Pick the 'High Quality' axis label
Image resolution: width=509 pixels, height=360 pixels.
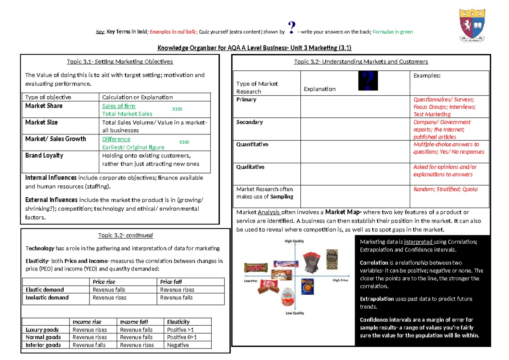click(295, 241)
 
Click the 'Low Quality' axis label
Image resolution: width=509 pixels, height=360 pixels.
click(295, 313)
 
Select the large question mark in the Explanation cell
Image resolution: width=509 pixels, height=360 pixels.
click(367, 81)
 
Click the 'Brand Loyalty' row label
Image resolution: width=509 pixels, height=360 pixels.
click(44, 156)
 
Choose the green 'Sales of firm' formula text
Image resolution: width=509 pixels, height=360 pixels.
click(119, 106)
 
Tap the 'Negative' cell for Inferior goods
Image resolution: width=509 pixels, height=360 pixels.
click(178, 345)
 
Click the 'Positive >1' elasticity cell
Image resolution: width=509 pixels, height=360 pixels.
click(182, 330)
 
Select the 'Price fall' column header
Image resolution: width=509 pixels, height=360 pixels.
click(171, 282)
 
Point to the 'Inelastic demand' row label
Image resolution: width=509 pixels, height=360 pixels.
click(47, 298)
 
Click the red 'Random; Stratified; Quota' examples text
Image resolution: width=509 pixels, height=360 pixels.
click(445, 189)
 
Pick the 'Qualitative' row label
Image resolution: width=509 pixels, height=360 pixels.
click(250, 167)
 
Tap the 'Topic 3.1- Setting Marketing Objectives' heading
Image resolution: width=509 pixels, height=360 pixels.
click(120, 61)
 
